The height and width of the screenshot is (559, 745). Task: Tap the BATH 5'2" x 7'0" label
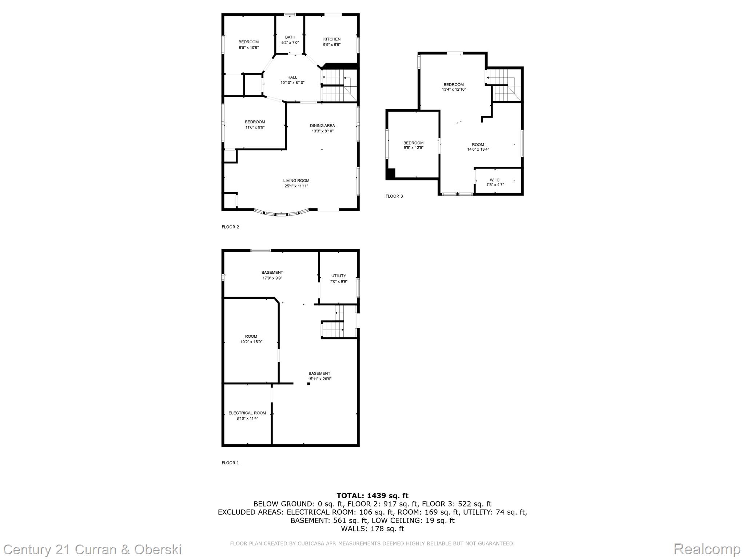tap(290, 40)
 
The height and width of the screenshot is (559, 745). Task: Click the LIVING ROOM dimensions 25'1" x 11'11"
tap(296, 186)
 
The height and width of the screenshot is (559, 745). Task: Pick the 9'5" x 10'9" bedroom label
tap(248, 44)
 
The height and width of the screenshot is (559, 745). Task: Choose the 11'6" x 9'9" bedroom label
tap(255, 124)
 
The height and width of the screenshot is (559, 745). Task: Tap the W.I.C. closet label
tap(495, 182)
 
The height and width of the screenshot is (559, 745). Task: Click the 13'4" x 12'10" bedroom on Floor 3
tap(453, 87)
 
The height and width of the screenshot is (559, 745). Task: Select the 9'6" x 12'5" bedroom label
tap(413, 145)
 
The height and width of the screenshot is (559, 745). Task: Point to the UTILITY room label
tap(338, 278)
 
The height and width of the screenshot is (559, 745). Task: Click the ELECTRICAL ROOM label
tap(247, 416)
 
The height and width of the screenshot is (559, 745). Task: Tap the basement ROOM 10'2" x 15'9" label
tap(251, 339)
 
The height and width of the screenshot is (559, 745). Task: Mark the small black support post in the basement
tap(308, 384)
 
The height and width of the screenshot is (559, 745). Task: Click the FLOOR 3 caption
tap(394, 196)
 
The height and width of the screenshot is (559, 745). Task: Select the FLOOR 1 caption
tap(230, 463)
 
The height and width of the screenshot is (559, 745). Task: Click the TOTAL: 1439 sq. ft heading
tap(372, 496)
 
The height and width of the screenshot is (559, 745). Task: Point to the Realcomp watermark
tap(707, 549)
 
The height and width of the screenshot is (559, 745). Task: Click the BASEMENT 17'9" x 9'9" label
tap(272, 275)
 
